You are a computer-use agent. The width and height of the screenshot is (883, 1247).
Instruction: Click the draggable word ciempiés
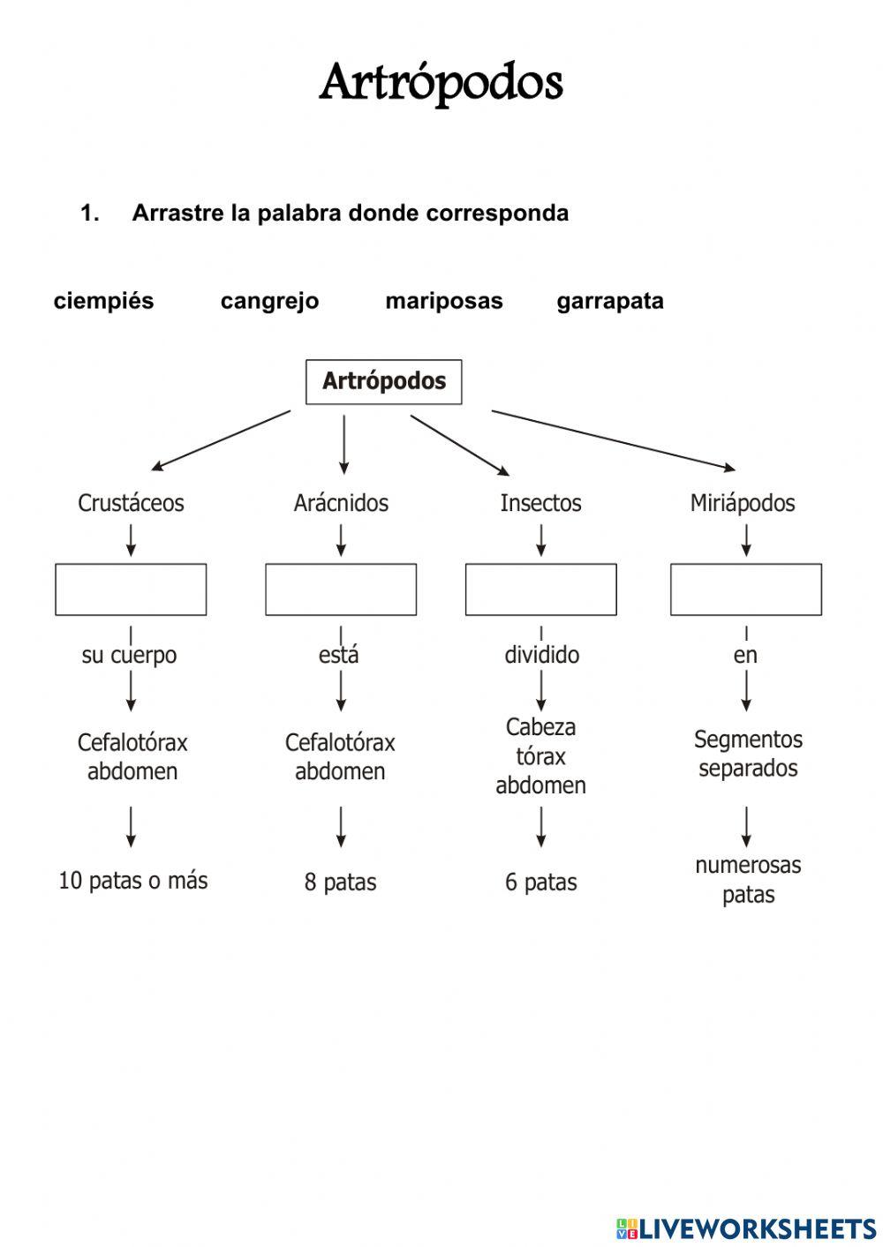(x=103, y=301)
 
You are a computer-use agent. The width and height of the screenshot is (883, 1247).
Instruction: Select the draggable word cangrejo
(x=269, y=301)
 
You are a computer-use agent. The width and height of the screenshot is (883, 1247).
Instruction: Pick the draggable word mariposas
(x=443, y=301)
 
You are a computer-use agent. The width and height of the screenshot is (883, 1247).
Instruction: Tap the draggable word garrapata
(x=609, y=301)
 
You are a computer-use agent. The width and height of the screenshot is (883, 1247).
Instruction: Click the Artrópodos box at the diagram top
(x=383, y=381)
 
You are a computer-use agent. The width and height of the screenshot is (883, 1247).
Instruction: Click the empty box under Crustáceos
(x=131, y=590)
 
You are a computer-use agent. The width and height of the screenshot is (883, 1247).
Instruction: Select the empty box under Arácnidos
(x=341, y=590)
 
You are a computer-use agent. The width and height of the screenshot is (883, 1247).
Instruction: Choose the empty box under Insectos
(x=540, y=590)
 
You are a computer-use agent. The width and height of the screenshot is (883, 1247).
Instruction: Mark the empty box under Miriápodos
(x=745, y=590)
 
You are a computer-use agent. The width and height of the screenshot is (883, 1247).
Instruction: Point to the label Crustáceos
(x=131, y=503)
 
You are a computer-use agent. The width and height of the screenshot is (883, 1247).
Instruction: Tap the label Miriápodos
(x=742, y=503)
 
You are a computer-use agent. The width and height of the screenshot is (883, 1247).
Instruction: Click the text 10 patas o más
(x=132, y=880)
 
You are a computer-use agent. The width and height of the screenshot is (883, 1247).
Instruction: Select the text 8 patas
(x=340, y=882)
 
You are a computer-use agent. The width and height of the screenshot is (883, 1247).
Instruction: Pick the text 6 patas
(x=540, y=882)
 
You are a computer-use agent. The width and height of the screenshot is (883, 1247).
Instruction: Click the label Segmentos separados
(x=748, y=753)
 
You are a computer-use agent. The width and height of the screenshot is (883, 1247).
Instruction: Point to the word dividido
(x=541, y=655)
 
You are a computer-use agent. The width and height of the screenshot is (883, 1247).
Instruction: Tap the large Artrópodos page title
(x=441, y=83)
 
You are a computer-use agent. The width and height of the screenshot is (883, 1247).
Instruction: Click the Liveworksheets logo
(x=746, y=1228)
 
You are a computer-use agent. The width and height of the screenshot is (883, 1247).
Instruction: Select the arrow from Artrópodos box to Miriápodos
(x=614, y=439)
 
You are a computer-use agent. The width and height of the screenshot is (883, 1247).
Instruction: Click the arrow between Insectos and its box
(x=541, y=539)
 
